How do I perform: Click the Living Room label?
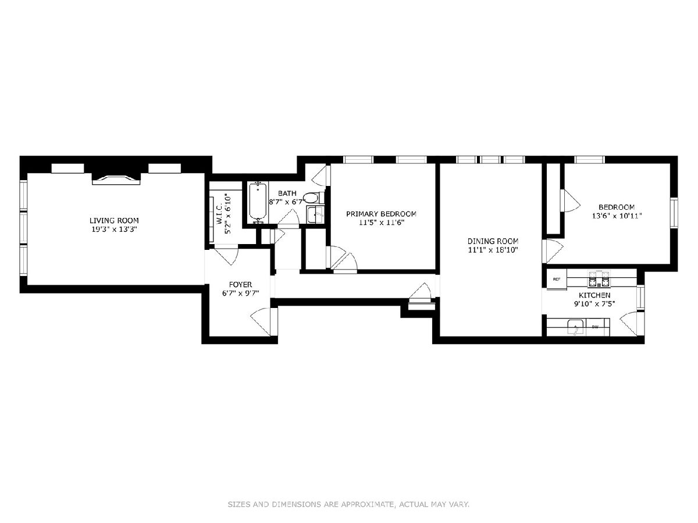114,220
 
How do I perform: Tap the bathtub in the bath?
257,202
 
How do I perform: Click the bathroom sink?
315,214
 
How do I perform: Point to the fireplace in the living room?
116,180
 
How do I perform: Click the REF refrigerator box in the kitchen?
557,280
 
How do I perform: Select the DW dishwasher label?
594,327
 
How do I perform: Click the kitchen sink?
576,327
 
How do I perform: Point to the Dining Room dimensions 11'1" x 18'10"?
493,250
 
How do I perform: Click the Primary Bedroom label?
381,214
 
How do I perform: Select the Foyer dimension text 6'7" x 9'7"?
241,293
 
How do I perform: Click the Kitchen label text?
594,295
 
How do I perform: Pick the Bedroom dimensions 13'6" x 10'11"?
617,216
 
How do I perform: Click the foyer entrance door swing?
261,321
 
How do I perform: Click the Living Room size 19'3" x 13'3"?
114,230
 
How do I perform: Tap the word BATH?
287,193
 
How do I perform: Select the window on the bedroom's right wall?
674,213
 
